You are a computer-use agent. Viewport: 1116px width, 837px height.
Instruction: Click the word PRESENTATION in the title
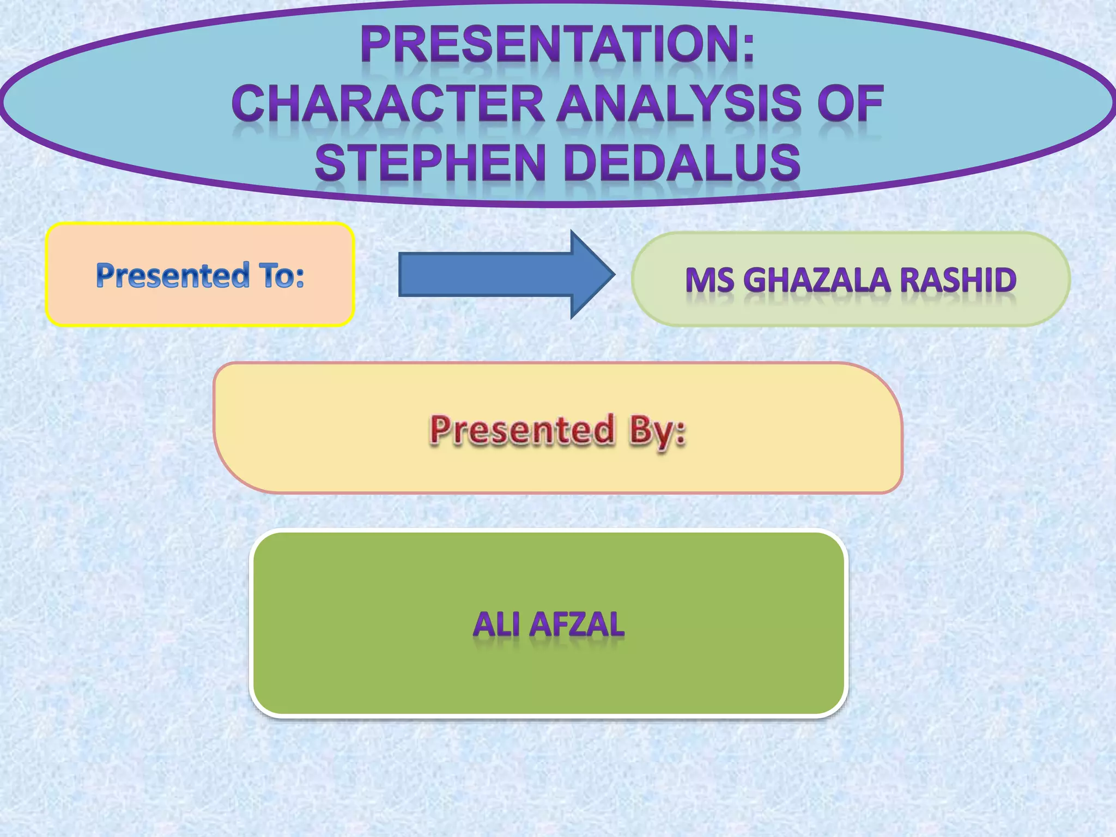point(548,46)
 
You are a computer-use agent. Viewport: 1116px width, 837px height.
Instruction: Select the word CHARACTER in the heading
point(388,104)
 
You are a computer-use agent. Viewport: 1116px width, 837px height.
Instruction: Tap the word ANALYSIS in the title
point(678,104)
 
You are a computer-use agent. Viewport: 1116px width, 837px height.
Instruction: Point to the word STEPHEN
point(430,163)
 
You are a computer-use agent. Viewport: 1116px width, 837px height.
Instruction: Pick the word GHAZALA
point(817,280)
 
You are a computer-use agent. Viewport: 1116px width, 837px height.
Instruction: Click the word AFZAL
point(577,624)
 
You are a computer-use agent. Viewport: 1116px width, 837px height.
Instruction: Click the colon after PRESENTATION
point(748,47)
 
